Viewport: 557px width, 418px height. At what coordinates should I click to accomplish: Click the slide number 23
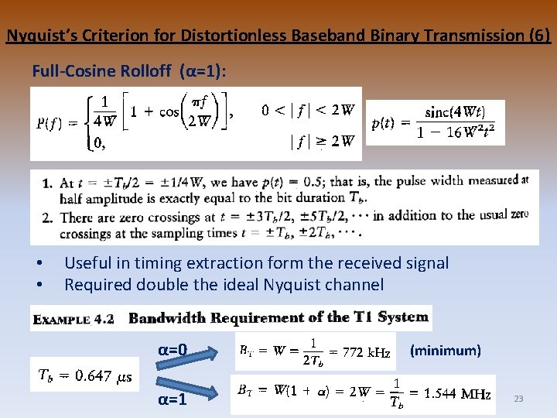pos(518,399)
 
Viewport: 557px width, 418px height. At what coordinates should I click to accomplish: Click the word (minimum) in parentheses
pos(445,351)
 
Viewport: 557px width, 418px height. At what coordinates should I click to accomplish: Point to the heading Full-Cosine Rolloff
pos(104,71)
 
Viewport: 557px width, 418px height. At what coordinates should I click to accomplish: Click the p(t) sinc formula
pos(435,122)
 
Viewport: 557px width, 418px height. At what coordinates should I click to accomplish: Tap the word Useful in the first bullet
pos(87,263)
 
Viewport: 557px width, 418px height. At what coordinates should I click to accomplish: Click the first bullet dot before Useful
pos(39,264)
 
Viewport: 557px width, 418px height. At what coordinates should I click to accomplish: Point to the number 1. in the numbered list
pos(47,183)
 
